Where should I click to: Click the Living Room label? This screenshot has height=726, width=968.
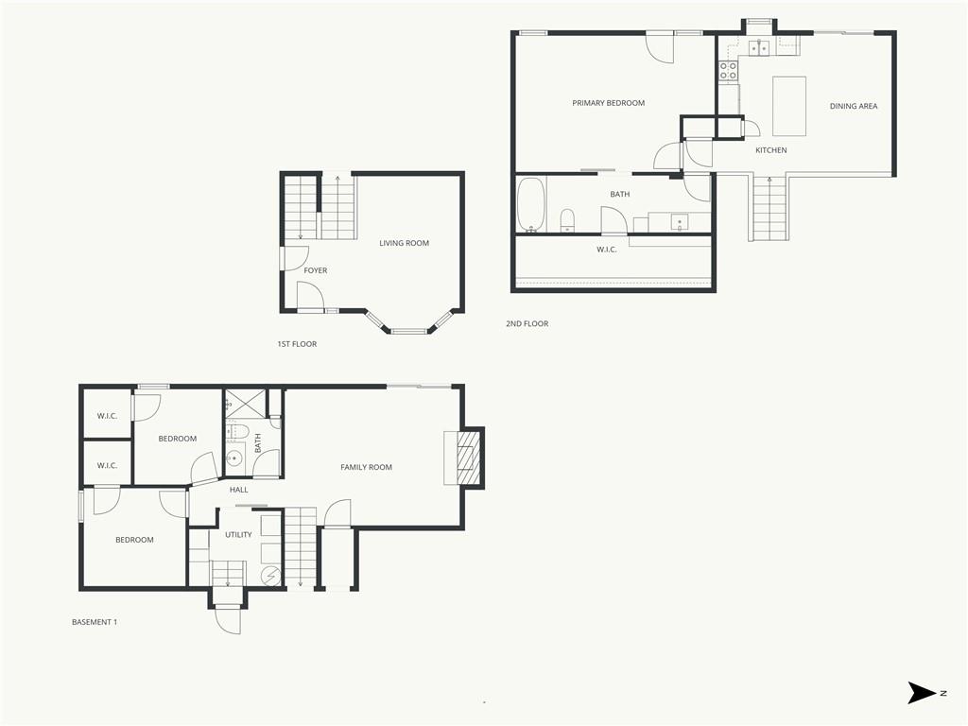click(x=404, y=243)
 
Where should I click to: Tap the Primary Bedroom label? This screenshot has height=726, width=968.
click(x=608, y=103)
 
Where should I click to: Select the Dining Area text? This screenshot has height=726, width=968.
click(x=854, y=106)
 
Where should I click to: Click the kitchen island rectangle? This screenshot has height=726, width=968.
click(x=789, y=106)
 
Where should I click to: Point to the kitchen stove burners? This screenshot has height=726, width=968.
click(x=728, y=70)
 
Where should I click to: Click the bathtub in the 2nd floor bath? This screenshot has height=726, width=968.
click(x=530, y=204)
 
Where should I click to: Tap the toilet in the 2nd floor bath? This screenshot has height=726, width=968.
click(x=567, y=220)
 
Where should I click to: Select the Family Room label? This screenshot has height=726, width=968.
click(x=366, y=467)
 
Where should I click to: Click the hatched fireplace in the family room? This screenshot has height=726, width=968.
click(x=467, y=458)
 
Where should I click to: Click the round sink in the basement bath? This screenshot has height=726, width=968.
click(x=234, y=458)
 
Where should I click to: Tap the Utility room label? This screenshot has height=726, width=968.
click(x=238, y=535)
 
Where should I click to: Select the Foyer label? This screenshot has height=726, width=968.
click(x=316, y=270)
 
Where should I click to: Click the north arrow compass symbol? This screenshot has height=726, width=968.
click(x=923, y=693)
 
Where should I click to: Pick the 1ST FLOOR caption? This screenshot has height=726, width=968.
click(x=297, y=344)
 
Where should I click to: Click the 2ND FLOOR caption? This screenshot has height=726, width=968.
click(x=527, y=323)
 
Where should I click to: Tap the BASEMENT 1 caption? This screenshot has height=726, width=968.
click(x=95, y=622)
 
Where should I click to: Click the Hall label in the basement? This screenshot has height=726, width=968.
click(x=239, y=490)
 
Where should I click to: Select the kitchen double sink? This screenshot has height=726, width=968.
click(x=759, y=47)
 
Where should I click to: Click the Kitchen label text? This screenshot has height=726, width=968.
click(x=771, y=150)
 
